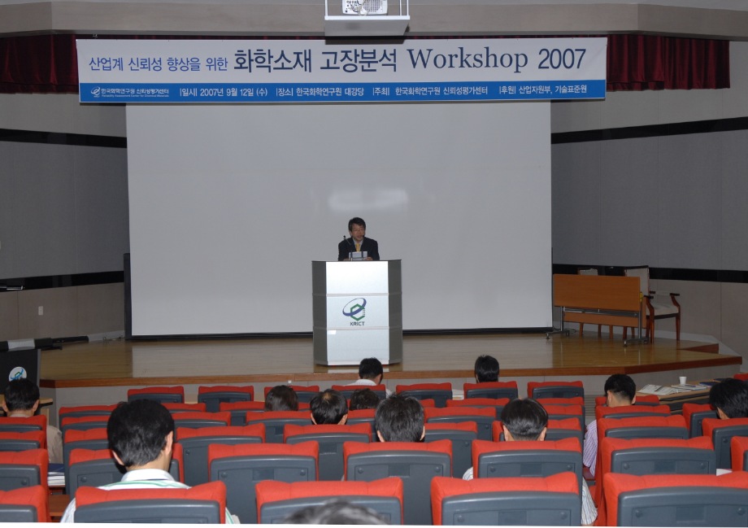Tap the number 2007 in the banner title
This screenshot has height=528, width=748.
[x=561, y=59]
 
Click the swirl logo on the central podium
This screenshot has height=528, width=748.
[x=354, y=308]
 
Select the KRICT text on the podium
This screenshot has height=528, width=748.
[x=357, y=323]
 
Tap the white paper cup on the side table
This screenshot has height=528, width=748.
[x=682, y=380]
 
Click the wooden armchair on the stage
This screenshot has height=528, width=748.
[x=660, y=305]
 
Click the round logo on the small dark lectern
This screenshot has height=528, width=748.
[x=17, y=373]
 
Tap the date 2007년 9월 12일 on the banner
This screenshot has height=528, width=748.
[x=233, y=92]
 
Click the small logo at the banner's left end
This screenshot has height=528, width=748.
[x=95, y=92]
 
